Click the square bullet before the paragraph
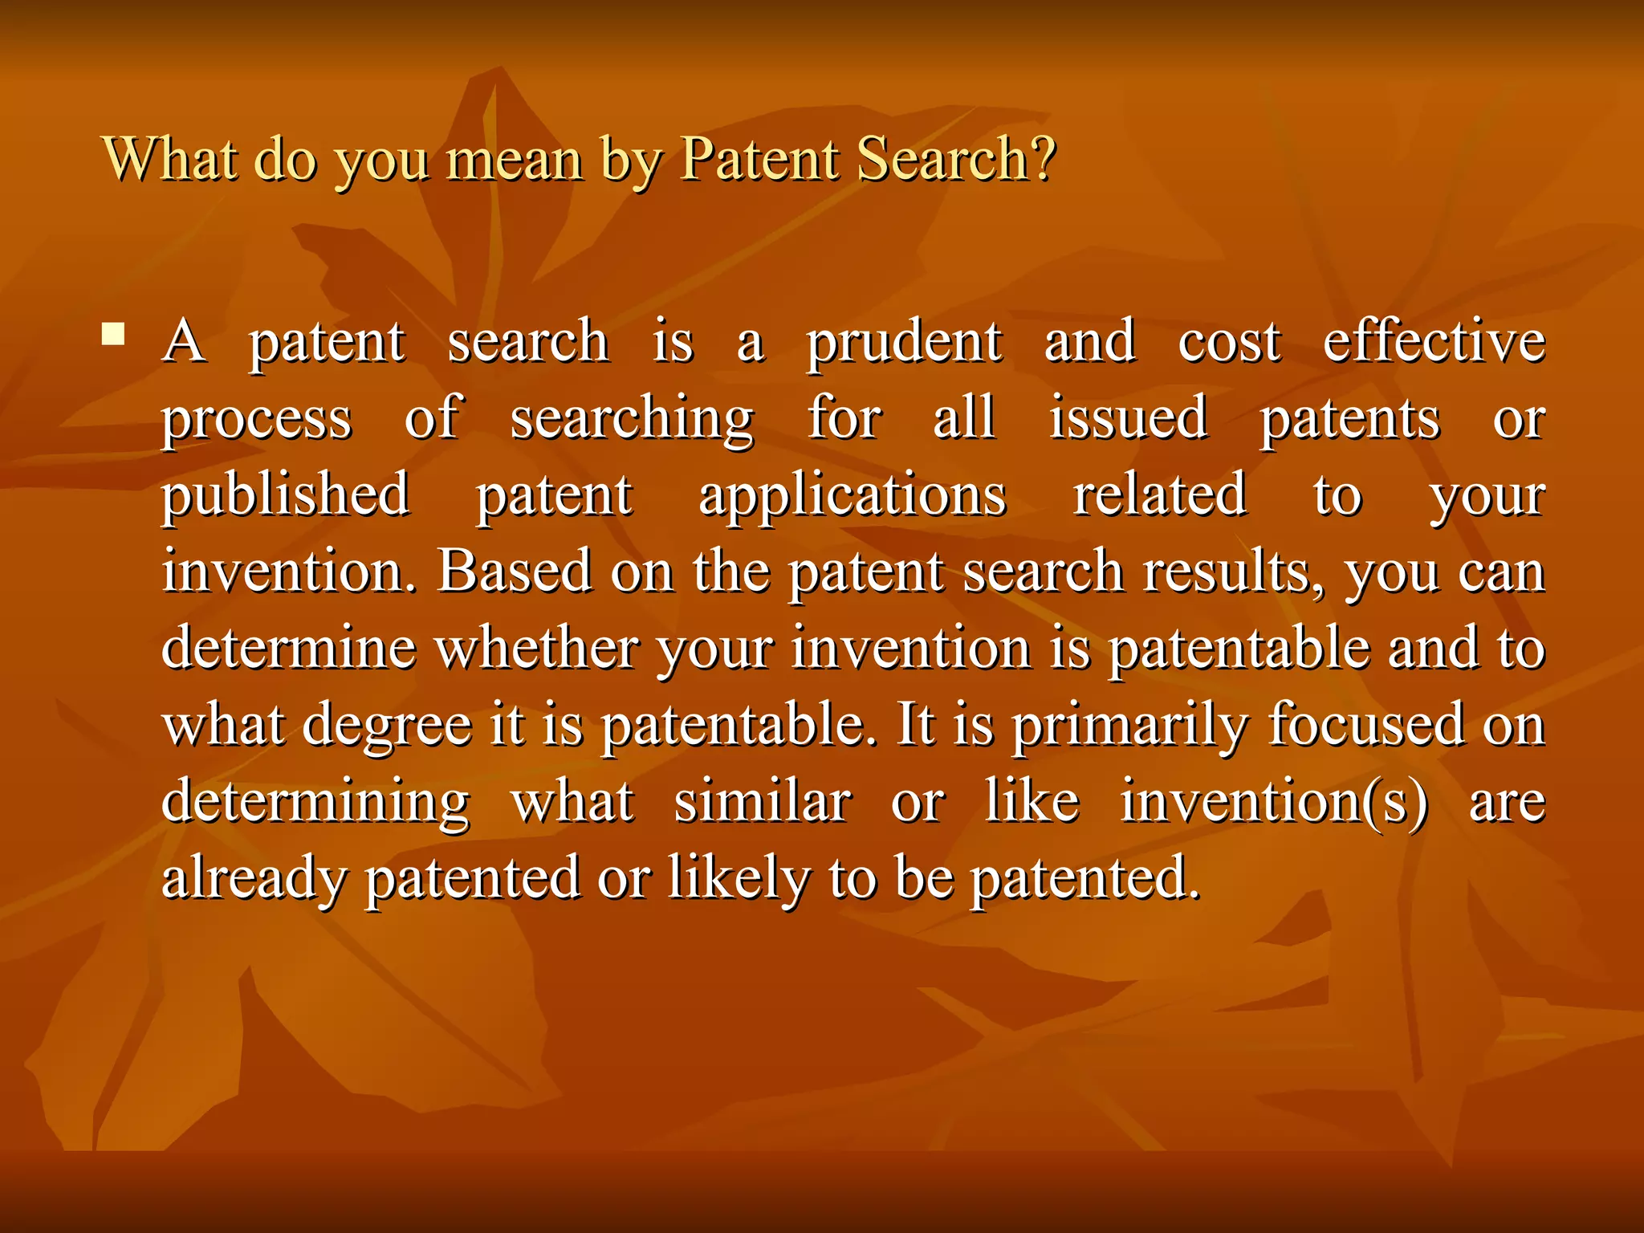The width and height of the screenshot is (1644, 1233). pyautogui.click(x=113, y=333)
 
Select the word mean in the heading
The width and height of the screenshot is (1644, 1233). pyautogui.click(x=514, y=160)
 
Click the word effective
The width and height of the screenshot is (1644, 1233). pyautogui.click(x=1434, y=341)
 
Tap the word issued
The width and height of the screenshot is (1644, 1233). pyautogui.click(x=1128, y=417)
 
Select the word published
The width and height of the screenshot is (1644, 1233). pyautogui.click(x=286, y=495)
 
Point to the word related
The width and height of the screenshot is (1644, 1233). pyautogui.click(x=1160, y=494)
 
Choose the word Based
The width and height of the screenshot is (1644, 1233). pyautogui.click(x=515, y=571)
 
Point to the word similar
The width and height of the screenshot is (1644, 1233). pyautogui.click(x=763, y=801)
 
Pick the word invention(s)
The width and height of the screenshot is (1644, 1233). pyautogui.click(x=1274, y=801)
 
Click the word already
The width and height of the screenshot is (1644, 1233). pyautogui.click(x=254, y=878)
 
